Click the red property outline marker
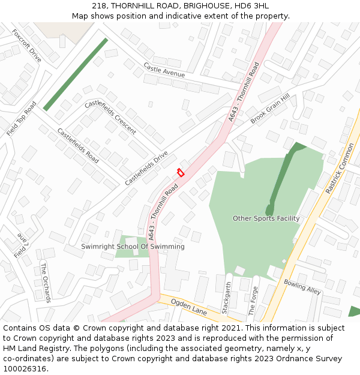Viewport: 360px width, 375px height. [180, 173]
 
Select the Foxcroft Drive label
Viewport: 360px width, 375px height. [26, 45]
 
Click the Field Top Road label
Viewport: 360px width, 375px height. [21, 119]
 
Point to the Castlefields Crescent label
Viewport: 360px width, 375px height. [110, 116]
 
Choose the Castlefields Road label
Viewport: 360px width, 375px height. [78, 146]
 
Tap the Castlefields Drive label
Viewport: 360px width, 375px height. [146, 168]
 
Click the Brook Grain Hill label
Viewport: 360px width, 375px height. [270, 109]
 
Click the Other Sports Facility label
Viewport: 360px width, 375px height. [266, 218]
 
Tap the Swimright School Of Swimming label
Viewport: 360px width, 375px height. [133, 247]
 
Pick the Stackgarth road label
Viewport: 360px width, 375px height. [226, 298]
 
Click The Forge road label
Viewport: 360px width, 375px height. [253, 301]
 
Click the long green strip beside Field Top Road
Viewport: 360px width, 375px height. [75, 74]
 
